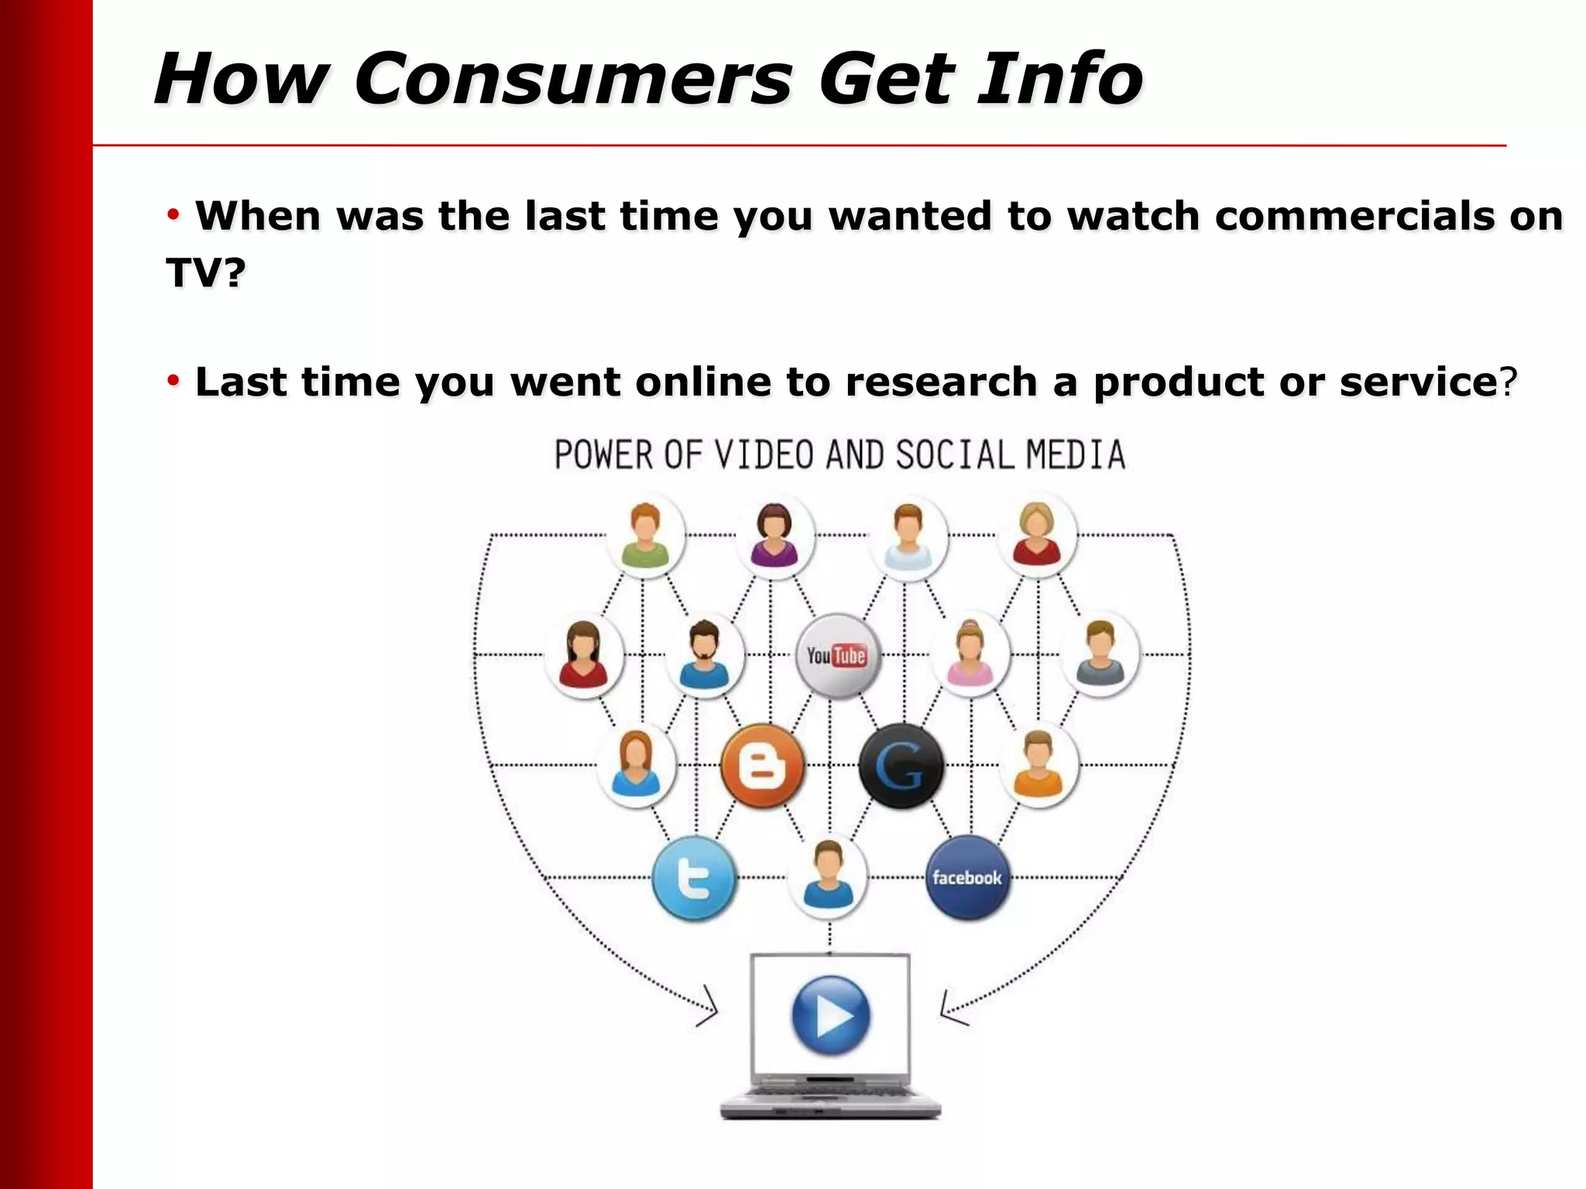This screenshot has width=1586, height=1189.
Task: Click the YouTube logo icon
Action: click(836, 656)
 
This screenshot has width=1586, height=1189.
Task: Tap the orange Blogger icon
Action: click(763, 766)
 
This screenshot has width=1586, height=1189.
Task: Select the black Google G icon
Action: click(901, 766)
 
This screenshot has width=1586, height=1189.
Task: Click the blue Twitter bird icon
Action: click(694, 878)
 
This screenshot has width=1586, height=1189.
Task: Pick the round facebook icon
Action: click(967, 878)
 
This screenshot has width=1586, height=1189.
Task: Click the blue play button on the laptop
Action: click(830, 1015)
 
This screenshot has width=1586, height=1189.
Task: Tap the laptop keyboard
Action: click(830, 1093)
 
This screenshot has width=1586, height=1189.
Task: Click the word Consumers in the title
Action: click(573, 79)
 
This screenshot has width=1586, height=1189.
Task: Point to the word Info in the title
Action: click(1059, 79)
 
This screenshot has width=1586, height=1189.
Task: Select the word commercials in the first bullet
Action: click(1354, 216)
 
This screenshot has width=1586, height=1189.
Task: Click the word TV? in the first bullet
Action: click(206, 272)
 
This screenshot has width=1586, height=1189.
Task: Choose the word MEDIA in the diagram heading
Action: click(1076, 455)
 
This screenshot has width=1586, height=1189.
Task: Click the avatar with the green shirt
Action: click(645, 535)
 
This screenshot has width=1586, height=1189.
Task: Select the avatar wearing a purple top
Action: click(774, 535)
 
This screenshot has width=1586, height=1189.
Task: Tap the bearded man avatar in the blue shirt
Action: click(704, 655)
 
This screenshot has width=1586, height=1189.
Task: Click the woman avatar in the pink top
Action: click(970, 655)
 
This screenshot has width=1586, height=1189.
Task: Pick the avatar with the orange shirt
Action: click(1038, 766)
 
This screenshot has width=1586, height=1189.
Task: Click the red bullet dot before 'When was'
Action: click(173, 214)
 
